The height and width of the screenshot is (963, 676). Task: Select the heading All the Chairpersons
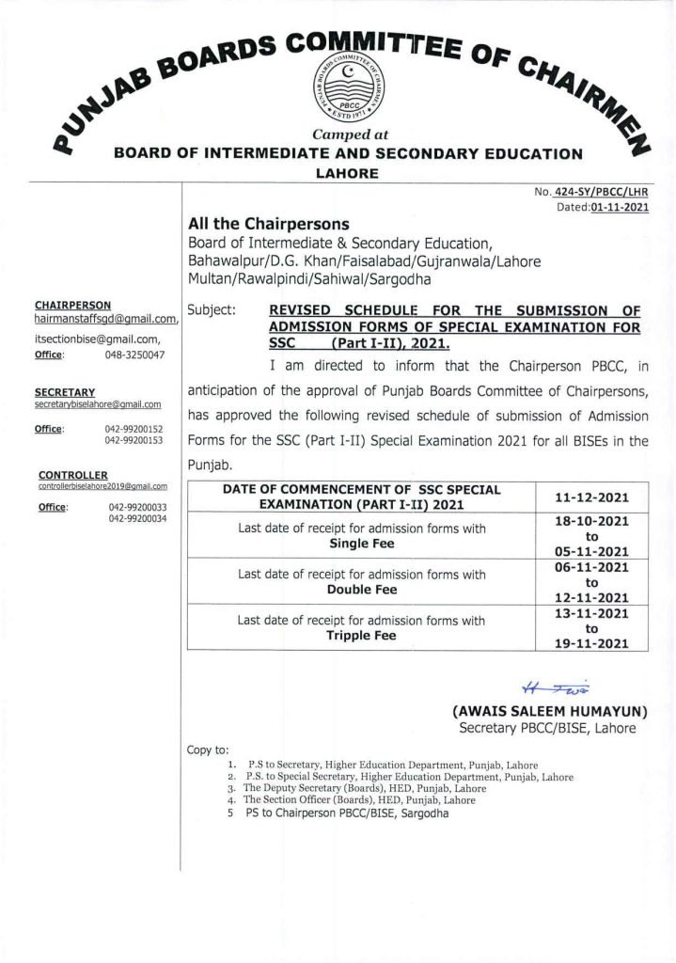pos(269,224)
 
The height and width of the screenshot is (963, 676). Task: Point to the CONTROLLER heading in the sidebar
pos(73,474)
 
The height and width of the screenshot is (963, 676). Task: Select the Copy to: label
pos(208,750)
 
